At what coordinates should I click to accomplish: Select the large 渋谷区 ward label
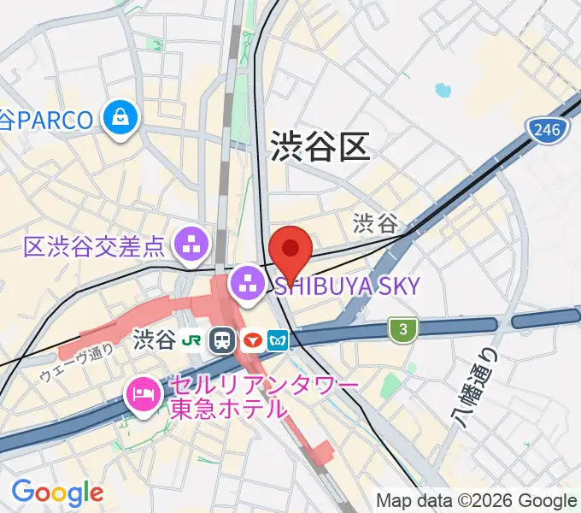(x=320, y=146)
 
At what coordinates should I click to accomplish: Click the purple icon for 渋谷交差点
(x=192, y=246)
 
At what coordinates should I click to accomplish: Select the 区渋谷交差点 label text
(x=94, y=248)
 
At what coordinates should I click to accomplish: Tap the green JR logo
(x=196, y=340)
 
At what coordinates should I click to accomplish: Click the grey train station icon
(x=223, y=340)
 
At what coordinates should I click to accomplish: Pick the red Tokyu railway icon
(x=252, y=340)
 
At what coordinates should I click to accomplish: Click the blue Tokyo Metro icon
(x=279, y=340)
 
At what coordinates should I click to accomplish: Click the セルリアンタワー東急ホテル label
(x=253, y=398)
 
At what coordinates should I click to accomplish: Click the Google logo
(x=57, y=492)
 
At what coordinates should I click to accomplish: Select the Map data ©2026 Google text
(x=477, y=501)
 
